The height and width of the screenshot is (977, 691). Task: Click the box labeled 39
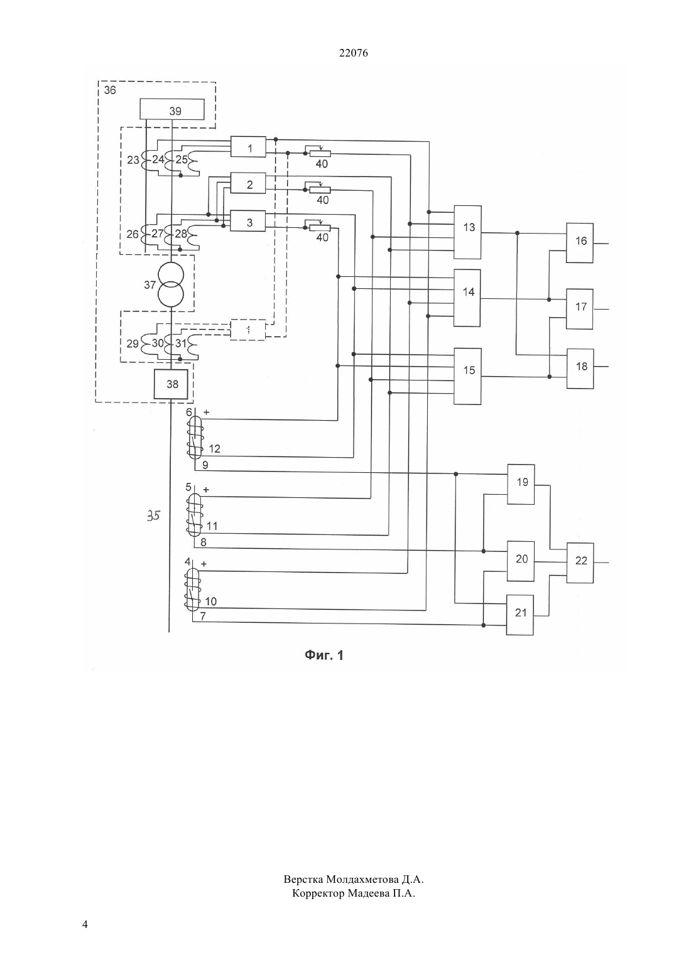coord(171,109)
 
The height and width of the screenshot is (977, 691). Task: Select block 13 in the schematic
coord(467,232)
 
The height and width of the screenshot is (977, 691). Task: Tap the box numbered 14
coord(467,298)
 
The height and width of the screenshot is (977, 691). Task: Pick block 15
coord(467,376)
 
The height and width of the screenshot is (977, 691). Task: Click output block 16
coord(580,243)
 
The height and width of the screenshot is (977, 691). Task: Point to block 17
coord(580,309)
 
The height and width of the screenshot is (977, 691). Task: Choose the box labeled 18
coord(580,369)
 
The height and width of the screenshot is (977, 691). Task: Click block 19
coord(521,484)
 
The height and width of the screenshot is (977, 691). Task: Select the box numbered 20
coord(520,561)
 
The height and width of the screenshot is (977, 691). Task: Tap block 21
coord(520,615)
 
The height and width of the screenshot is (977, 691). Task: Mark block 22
coord(580,563)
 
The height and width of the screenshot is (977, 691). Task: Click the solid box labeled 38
coord(171,384)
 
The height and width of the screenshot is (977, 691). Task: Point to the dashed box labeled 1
coord(248,330)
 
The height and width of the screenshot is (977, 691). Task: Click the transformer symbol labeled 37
coord(171,284)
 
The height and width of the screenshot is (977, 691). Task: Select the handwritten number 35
coord(153,516)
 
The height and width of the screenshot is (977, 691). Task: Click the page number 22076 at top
coord(353,53)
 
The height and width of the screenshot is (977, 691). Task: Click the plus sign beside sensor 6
coord(206,412)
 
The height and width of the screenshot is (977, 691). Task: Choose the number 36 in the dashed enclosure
coord(109,90)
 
